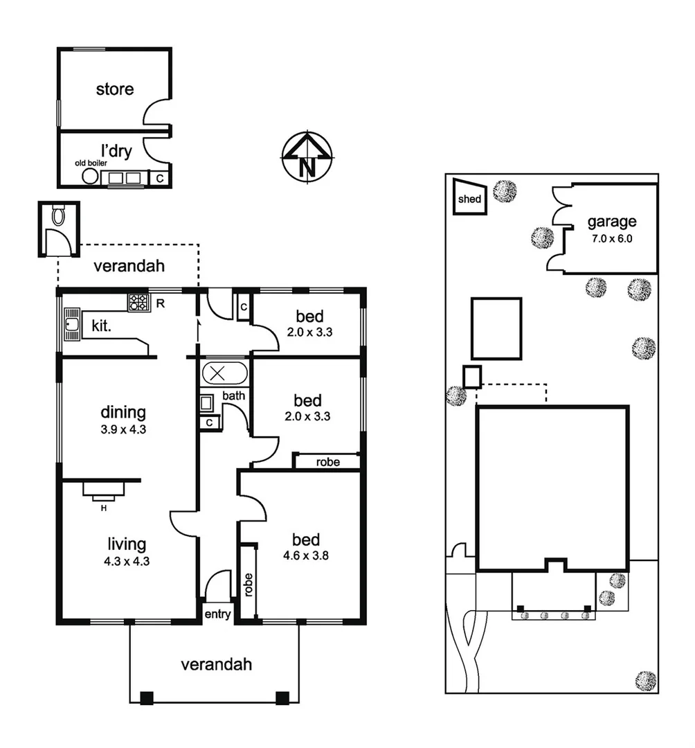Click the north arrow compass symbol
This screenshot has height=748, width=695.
pos(307,157)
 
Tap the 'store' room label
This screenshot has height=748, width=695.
pos(114,89)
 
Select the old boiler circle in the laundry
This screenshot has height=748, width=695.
pos(89,177)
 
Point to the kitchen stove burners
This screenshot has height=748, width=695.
pos(138,301)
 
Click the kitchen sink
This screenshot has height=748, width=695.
pos(71,326)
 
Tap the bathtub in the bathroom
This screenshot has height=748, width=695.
pos(222,373)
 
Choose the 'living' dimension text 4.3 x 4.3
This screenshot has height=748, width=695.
pos(125,561)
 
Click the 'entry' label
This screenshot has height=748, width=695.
pos(217,614)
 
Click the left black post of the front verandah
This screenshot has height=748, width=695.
pos(146,697)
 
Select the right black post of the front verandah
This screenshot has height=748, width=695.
pos(282,697)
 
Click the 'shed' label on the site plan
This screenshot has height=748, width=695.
pos(469,199)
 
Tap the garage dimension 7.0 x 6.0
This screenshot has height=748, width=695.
pos(611,239)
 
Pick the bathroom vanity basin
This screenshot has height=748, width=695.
pos(206,402)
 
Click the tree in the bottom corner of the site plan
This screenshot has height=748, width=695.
pos(645,679)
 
